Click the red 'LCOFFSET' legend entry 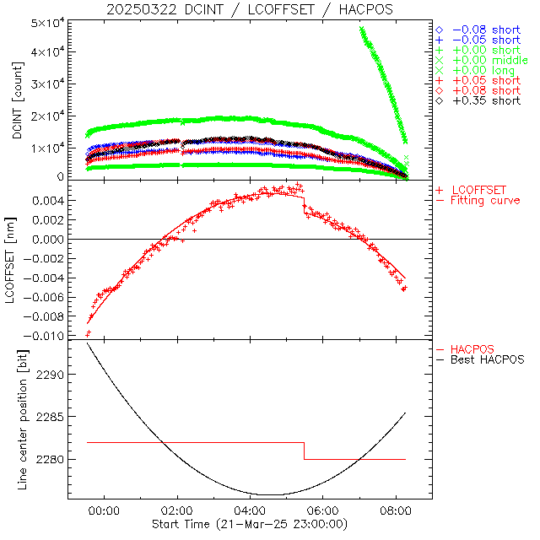pos(483,189)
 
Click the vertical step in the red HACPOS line pos(305,451)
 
